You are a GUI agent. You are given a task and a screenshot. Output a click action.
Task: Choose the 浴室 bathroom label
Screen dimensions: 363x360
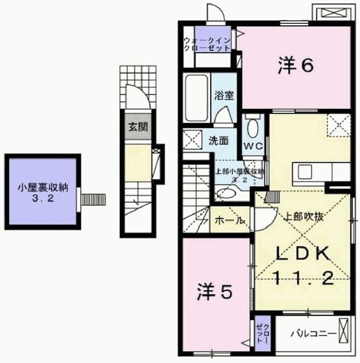(x=224, y=96)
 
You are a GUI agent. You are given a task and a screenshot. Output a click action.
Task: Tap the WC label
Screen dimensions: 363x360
(x=252, y=145)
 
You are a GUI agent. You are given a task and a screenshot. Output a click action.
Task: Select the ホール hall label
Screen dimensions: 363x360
(x=229, y=220)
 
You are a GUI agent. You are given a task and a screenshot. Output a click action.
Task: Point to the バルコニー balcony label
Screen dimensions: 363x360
(x=313, y=333)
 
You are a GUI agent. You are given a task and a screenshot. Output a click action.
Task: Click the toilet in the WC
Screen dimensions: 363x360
(x=252, y=128)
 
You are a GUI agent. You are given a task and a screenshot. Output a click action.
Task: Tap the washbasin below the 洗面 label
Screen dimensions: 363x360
(x=225, y=192)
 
